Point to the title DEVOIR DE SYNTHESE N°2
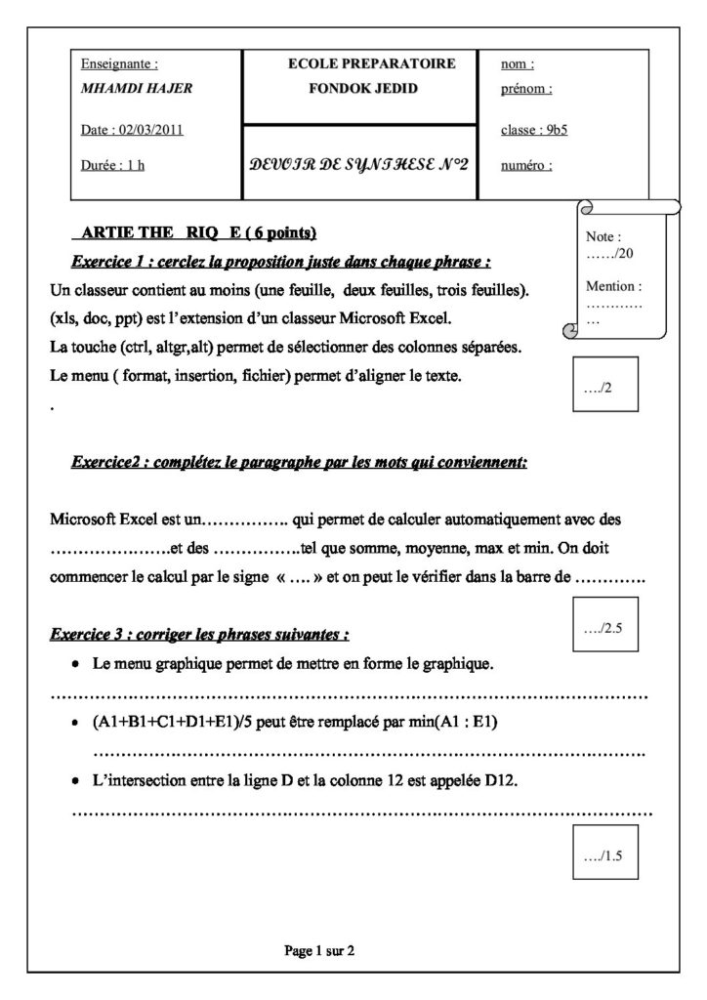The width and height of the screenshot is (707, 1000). tap(358, 164)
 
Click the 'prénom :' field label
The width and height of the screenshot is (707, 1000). tap(526, 88)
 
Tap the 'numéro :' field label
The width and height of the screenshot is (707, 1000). tap(526, 165)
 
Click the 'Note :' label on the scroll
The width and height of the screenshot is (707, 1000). tap(603, 237)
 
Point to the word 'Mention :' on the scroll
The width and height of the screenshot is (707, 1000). tap(613, 286)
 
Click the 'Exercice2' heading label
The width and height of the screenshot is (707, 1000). tap(110, 463)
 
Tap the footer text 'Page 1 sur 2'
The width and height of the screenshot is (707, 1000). tap(319, 949)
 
